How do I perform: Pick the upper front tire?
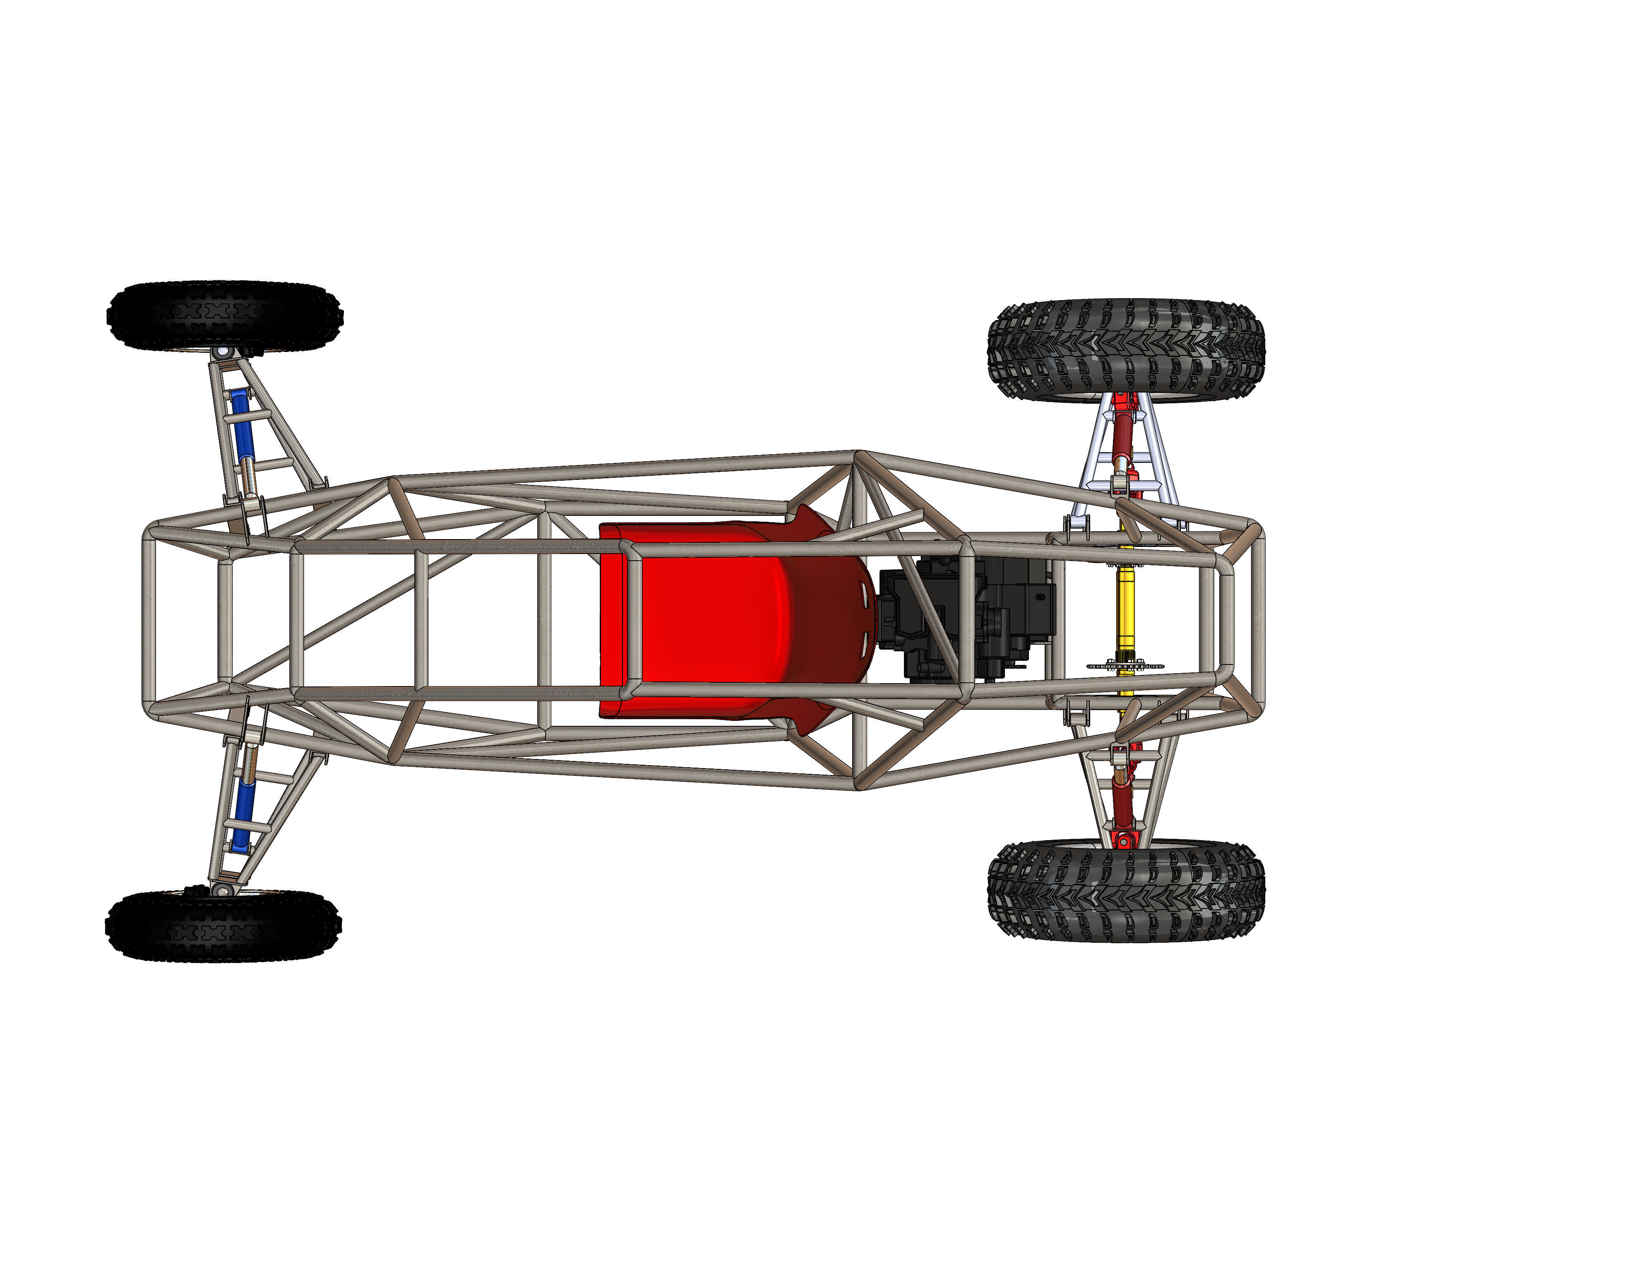(x=223, y=315)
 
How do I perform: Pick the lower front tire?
(x=223, y=925)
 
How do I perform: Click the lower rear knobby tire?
(x=1126, y=891)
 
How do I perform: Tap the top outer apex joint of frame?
(x=858, y=455)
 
